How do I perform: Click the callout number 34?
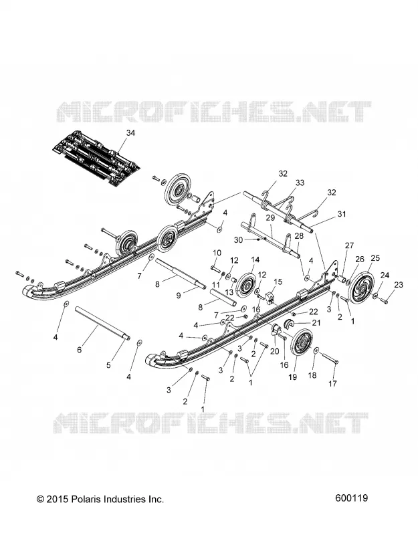[130, 132]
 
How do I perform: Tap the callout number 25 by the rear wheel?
[375, 258]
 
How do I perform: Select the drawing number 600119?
[352, 498]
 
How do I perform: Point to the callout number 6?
[79, 350]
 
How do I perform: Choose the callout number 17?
[332, 383]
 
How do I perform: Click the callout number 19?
[292, 377]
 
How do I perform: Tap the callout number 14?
[255, 259]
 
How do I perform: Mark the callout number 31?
[342, 214]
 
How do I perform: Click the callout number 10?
[217, 253]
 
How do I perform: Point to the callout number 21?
[316, 323]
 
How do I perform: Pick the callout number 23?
[399, 284]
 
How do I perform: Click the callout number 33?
[300, 183]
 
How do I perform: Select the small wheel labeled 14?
[245, 285]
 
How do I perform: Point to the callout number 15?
[278, 282]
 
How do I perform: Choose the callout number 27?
[349, 245]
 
